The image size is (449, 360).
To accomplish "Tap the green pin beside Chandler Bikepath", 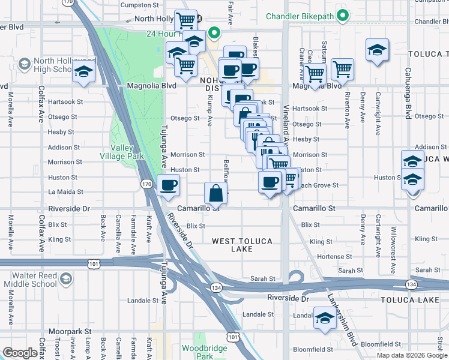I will (x=342, y=16).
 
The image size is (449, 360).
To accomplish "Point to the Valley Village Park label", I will (x=127, y=152).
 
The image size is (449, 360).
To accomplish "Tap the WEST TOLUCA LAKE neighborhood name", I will (x=242, y=245).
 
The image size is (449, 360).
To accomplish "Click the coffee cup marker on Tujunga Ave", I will (x=168, y=185).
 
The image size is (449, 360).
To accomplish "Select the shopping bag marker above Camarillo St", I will (x=216, y=193).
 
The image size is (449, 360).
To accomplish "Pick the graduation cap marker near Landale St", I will (x=325, y=319).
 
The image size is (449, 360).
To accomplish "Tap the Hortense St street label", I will (x=330, y=256).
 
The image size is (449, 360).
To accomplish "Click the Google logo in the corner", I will (x=20, y=353).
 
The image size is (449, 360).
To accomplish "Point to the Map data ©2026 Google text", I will (x=411, y=355).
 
